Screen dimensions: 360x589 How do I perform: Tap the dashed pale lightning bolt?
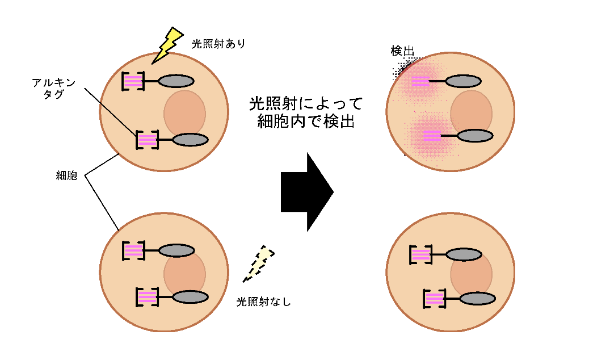point(258,263)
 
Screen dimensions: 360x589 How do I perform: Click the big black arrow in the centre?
point(306,191)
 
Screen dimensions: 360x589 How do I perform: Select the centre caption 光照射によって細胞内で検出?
point(306,112)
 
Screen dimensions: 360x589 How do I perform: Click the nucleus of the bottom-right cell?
point(472,274)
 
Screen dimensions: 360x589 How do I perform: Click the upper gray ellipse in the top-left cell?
point(176,82)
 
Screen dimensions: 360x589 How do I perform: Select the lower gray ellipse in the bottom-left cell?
point(191,296)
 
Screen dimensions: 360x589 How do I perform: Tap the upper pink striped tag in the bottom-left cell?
point(134,250)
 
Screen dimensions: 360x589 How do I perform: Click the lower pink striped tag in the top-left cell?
point(147,139)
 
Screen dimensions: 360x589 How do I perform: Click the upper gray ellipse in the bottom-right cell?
point(463,257)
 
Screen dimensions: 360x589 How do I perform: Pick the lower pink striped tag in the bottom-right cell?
point(434,299)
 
